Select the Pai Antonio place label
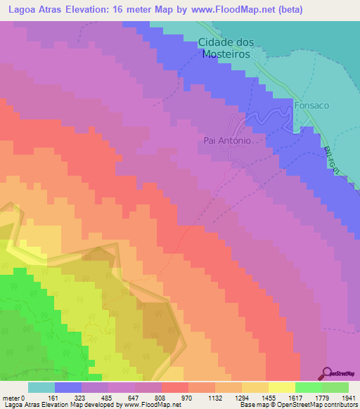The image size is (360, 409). point(227,140)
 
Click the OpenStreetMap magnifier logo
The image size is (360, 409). point(328,372)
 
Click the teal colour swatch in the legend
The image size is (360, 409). point(41,387)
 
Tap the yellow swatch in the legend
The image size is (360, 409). point(281,387)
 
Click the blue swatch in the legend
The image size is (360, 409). point(68,387)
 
